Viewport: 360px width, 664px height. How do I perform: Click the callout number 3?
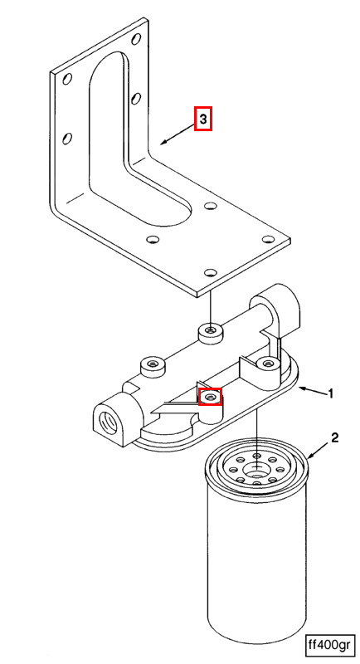click(203, 120)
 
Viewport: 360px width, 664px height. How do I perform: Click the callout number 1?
click(331, 393)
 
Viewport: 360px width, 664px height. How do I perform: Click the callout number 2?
click(334, 438)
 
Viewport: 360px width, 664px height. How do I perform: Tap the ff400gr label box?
click(328, 645)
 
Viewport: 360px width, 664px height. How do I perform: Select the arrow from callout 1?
click(312, 390)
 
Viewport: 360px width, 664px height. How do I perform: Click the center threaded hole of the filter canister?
click(256, 469)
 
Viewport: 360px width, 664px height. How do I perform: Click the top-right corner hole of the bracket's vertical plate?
click(136, 39)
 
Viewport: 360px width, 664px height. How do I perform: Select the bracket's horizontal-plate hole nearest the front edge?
click(210, 272)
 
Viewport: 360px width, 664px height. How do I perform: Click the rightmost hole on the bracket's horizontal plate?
click(267, 240)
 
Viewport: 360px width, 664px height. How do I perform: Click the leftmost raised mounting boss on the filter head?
click(152, 367)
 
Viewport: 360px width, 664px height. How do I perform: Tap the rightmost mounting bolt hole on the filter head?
click(267, 362)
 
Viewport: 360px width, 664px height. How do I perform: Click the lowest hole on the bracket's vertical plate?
click(67, 139)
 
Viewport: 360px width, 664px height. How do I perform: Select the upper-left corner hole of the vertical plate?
click(67, 79)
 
